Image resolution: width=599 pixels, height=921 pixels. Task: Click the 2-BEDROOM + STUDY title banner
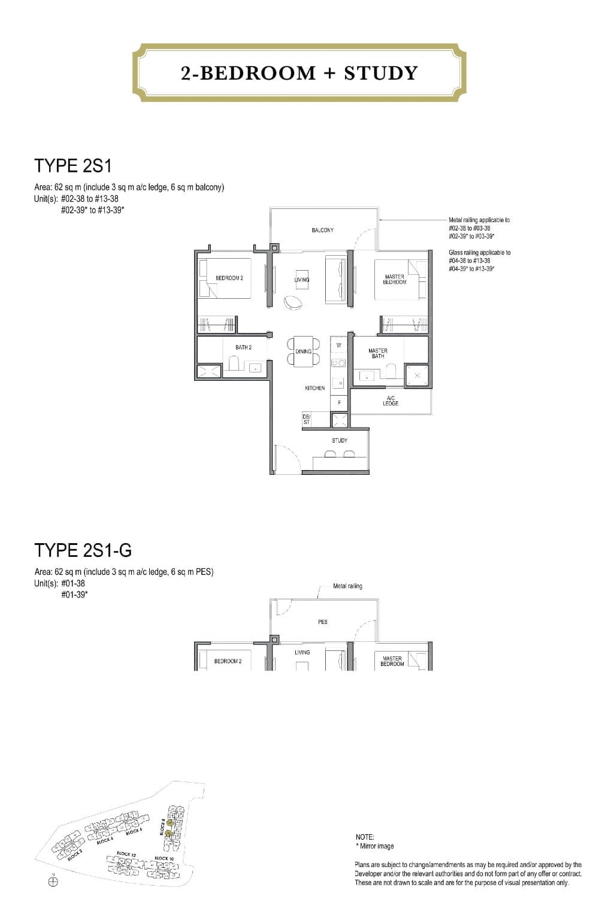(x=299, y=73)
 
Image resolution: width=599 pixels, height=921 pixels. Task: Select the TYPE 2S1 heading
(x=73, y=166)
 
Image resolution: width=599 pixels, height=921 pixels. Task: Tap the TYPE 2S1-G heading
(x=83, y=550)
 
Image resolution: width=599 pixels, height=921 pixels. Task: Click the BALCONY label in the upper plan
(x=323, y=231)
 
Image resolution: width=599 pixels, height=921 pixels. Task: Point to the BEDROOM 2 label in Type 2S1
(x=229, y=278)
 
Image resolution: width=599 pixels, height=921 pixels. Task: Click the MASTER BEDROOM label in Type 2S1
(x=394, y=279)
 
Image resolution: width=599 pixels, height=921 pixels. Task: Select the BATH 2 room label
(x=243, y=348)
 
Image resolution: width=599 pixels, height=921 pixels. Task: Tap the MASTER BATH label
(x=377, y=353)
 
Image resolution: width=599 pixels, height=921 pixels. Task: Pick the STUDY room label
(x=340, y=441)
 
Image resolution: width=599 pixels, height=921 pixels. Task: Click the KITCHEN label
(x=314, y=389)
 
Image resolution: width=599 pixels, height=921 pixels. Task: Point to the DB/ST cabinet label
(x=307, y=420)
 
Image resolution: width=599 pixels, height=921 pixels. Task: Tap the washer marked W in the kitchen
(x=338, y=346)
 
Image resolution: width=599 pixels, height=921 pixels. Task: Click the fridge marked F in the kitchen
(x=339, y=402)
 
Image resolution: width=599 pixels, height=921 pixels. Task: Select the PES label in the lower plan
(x=323, y=622)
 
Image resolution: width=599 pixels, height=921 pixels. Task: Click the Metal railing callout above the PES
(x=347, y=586)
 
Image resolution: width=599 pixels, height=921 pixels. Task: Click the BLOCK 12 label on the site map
(x=124, y=853)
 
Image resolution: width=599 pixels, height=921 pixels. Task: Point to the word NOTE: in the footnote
(x=365, y=837)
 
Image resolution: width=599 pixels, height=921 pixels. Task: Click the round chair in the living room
(x=294, y=303)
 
